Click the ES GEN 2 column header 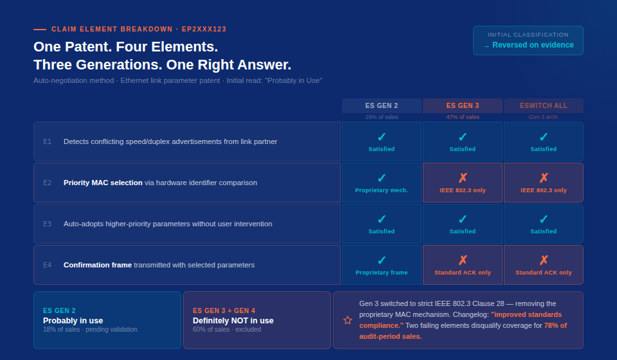[381, 105]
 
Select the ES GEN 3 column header [462, 105]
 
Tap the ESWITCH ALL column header [544, 105]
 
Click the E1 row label [47, 141]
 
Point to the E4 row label [47, 265]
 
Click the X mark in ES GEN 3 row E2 [463, 178]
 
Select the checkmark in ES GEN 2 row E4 [382, 260]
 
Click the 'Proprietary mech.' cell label [381, 190]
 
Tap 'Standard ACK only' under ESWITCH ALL [544, 273]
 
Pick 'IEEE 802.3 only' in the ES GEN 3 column [462, 190]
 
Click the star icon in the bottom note [348, 320]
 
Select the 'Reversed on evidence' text [533, 45]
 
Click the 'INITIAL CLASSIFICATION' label [528, 35]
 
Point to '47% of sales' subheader [462, 117]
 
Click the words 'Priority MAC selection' [103, 183]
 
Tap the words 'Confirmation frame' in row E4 [98, 265]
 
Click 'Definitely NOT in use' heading [233, 321]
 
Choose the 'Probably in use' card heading [73, 321]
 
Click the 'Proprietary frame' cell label [381, 273]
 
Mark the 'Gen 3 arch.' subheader [544, 117]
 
